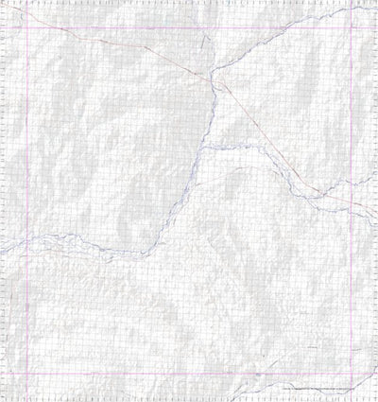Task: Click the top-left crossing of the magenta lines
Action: point(26,27)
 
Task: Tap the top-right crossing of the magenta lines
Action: point(352,27)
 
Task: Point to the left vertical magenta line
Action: point(26,189)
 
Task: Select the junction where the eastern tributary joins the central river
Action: point(202,147)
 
